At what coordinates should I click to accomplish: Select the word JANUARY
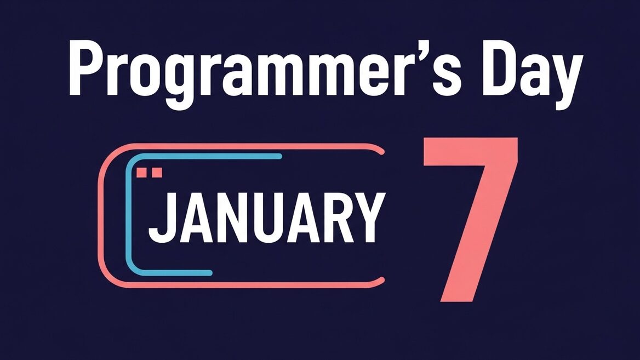(x=266, y=218)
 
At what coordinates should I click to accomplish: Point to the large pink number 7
(x=471, y=220)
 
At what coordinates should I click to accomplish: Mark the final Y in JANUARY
(x=369, y=218)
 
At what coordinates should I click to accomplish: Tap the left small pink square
(x=141, y=173)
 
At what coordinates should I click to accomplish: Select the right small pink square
(x=157, y=173)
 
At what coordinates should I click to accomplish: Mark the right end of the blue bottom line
(x=210, y=273)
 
